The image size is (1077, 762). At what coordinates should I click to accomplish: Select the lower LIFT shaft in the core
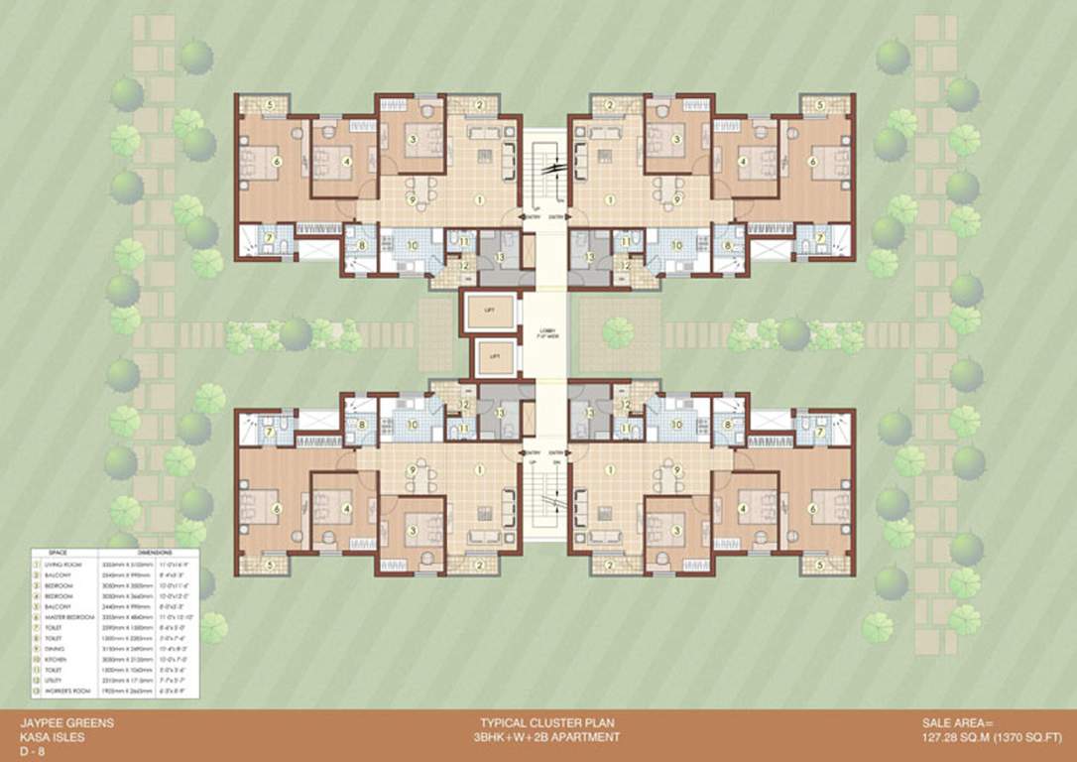point(491,355)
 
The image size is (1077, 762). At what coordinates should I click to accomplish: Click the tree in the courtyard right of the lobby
point(618,330)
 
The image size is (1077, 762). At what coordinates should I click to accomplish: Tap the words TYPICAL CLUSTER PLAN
point(543,723)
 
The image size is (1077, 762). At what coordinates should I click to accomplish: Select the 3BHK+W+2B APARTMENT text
point(543,737)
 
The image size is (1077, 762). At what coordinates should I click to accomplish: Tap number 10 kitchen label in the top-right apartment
point(677,244)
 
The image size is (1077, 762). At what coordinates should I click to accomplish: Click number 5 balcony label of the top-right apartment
point(819,103)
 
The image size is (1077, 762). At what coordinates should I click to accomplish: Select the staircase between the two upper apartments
point(543,169)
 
